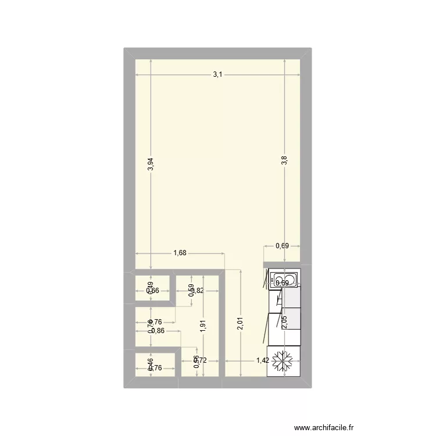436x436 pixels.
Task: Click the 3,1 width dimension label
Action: [217, 74]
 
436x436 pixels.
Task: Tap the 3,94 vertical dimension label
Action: [151, 165]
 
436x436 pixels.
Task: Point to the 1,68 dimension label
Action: [180, 253]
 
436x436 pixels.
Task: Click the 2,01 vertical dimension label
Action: [240, 324]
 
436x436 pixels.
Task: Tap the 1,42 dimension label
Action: [263, 361]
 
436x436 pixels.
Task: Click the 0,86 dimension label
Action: [158, 331]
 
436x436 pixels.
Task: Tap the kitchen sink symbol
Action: [284, 280]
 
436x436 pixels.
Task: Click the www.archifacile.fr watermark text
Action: [324, 427]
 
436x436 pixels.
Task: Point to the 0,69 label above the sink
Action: [283, 246]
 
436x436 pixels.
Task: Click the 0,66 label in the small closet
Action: [152, 291]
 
